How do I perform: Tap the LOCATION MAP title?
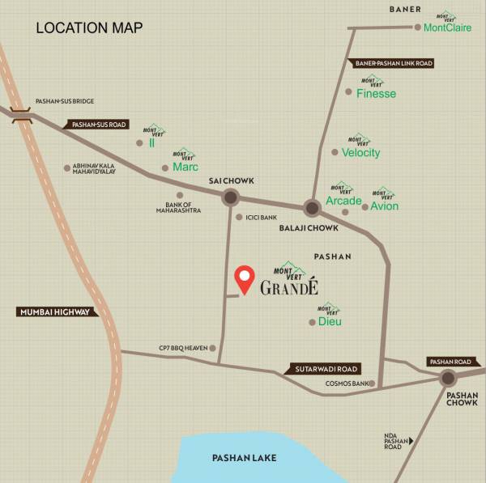pos(89,28)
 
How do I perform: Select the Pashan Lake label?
pos(244,458)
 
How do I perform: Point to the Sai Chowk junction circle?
pos(230,197)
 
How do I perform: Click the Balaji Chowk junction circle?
pos(313,206)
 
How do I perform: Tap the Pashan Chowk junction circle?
pos(448,378)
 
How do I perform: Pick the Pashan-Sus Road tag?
pos(100,125)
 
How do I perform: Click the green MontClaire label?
pos(448,27)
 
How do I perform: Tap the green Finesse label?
pos(377,94)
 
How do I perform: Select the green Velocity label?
pos(360,152)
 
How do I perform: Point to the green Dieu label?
pos(330,321)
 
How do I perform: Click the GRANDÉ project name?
pos(290,287)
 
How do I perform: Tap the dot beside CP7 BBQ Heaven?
pos(213,348)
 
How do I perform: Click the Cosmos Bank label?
pos(347,383)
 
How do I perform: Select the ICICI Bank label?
pos(261,217)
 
